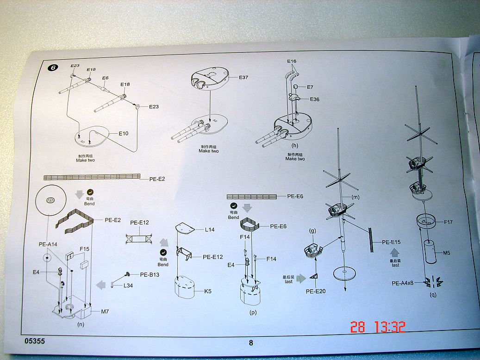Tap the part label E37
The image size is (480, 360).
tap(243, 77)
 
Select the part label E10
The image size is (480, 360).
tap(124, 133)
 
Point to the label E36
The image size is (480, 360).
tap(315, 99)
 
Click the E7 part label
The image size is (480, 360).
tap(310, 87)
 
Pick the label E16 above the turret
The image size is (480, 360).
tap(292, 61)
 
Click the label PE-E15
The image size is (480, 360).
tap(392, 242)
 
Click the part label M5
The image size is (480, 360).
tap(447, 253)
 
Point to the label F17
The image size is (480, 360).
tap(448, 222)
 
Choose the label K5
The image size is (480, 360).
tap(208, 292)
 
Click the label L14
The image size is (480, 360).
tap(210, 229)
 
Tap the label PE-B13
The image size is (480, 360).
tap(150, 274)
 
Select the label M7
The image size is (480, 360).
tap(105, 312)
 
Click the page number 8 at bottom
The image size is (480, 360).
tap(251, 342)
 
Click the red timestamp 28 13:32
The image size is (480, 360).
tap(378, 327)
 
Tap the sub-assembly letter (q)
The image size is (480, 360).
tap(433, 294)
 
